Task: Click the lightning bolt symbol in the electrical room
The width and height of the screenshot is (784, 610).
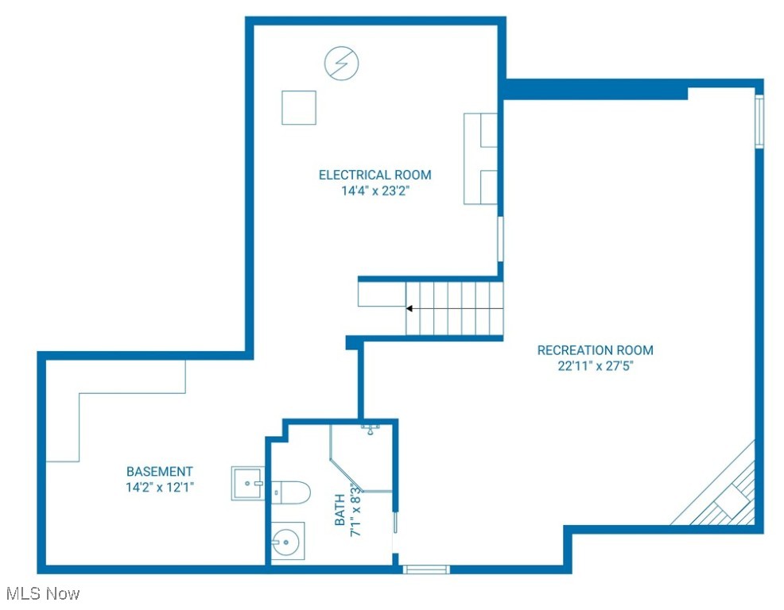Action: pyautogui.click(x=341, y=63)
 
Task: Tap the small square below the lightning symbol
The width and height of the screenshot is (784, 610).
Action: pyautogui.click(x=299, y=108)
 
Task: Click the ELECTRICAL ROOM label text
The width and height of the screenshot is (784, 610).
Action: pyautogui.click(x=375, y=175)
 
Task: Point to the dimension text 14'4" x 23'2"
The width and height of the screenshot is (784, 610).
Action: pyautogui.click(x=375, y=191)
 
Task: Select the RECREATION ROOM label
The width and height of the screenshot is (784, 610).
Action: pyautogui.click(x=595, y=350)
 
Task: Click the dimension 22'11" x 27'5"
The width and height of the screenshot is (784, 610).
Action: pyautogui.click(x=595, y=366)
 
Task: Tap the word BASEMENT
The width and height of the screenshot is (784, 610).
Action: pyautogui.click(x=159, y=472)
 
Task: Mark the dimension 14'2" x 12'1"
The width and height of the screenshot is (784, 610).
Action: pyautogui.click(x=159, y=488)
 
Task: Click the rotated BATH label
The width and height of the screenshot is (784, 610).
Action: pyautogui.click(x=340, y=511)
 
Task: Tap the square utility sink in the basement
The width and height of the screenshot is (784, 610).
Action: pyautogui.click(x=247, y=484)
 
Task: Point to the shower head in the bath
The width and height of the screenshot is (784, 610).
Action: pyautogui.click(x=371, y=430)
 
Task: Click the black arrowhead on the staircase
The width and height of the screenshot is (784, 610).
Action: pyautogui.click(x=409, y=308)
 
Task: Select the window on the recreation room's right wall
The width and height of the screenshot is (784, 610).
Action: pyautogui.click(x=759, y=122)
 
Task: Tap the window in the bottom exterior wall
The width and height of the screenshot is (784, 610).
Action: pyautogui.click(x=425, y=569)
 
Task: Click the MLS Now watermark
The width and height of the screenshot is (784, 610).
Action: pyautogui.click(x=42, y=593)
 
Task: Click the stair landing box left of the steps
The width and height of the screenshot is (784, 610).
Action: pyautogui.click(x=381, y=294)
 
